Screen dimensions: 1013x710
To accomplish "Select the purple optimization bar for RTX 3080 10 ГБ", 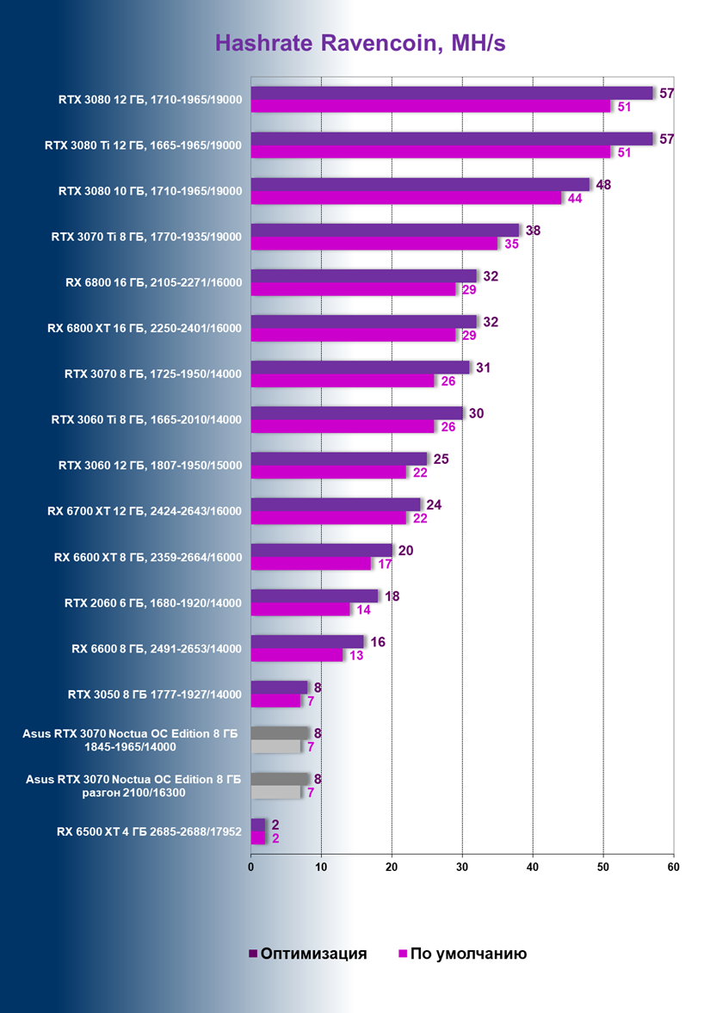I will [420, 184].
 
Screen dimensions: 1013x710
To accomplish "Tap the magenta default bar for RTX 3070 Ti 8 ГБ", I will [374, 244].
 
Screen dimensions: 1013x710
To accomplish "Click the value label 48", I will [603, 184].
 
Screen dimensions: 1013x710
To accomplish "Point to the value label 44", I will [573, 198].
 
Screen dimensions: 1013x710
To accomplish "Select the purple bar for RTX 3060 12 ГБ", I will [339, 459].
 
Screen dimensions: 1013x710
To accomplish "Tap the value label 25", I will [441, 459].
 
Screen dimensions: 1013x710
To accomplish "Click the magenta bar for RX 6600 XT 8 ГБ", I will [311, 564].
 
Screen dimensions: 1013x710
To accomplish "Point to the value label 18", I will [392, 596].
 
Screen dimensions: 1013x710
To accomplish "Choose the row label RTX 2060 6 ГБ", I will [153, 602].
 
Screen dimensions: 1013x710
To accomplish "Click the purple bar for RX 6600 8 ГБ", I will [307, 641].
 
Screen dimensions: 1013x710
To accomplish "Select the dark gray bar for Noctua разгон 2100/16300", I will [279, 778].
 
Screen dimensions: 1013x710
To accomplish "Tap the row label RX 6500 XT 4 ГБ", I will [144, 831].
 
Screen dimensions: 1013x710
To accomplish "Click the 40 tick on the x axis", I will [533, 867].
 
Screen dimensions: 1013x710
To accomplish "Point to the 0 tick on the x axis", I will [250, 867].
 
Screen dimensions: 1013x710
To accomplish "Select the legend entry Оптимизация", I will [308, 954].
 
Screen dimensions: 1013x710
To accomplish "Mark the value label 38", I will [533, 230].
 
